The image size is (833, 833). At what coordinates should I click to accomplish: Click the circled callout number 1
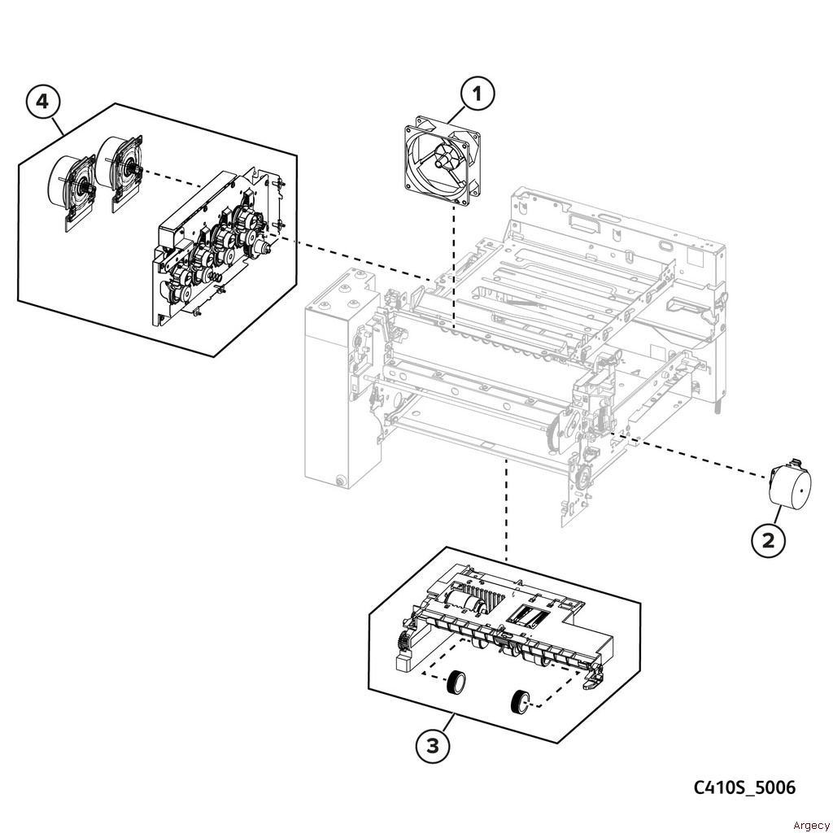pyautogui.click(x=477, y=94)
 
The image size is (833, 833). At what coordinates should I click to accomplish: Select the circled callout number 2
pyautogui.click(x=768, y=541)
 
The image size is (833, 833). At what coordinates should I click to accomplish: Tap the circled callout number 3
pyautogui.click(x=433, y=746)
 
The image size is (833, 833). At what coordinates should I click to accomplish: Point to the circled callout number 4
pyautogui.click(x=42, y=101)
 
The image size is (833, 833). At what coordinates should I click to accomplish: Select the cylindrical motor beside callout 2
pyautogui.click(x=790, y=485)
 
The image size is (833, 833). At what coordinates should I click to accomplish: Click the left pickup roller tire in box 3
pyautogui.click(x=456, y=683)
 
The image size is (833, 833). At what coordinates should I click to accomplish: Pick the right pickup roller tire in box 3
pyautogui.click(x=519, y=702)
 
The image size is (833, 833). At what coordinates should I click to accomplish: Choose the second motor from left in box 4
pyautogui.click(x=120, y=168)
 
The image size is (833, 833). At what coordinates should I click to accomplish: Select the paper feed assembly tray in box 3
pyautogui.click(x=502, y=627)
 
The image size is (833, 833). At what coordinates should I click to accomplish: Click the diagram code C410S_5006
pyautogui.click(x=744, y=787)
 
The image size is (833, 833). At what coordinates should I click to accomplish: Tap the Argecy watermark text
pyautogui.click(x=811, y=825)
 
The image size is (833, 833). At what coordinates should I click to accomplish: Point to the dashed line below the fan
pyautogui.click(x=454, y=268)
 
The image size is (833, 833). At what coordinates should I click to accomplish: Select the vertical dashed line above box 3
pyautogui.click(x=506, y=510)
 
